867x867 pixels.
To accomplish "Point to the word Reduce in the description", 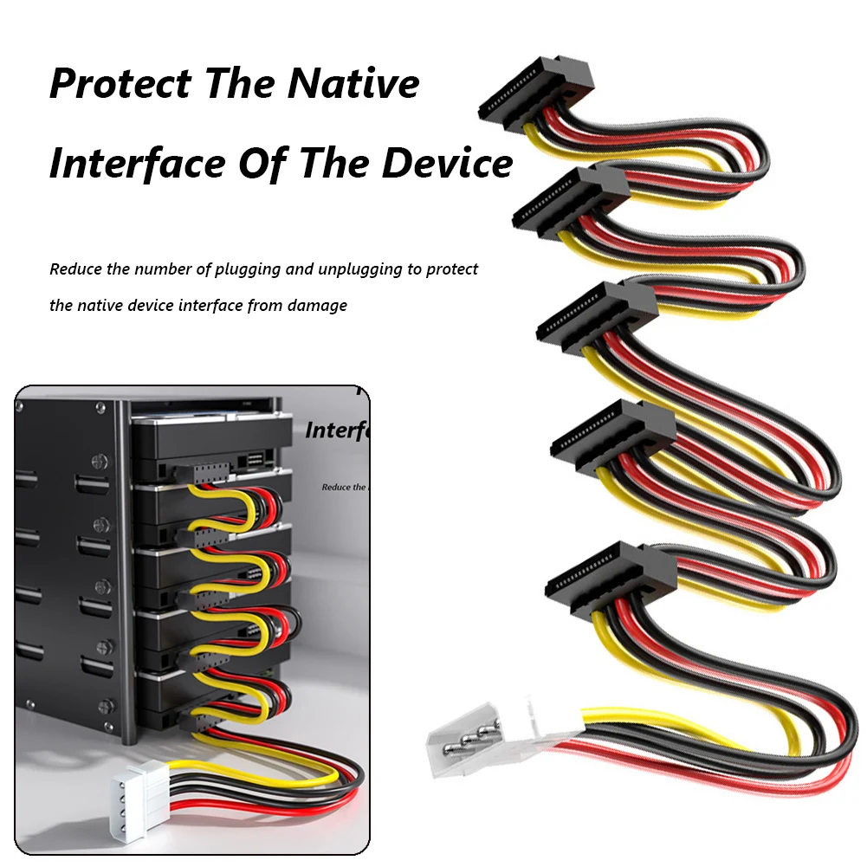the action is click(x=75, y=269).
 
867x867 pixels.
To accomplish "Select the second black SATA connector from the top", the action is click(x=572, y=198).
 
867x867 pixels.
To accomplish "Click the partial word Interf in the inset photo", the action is click(x=338, y=430).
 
